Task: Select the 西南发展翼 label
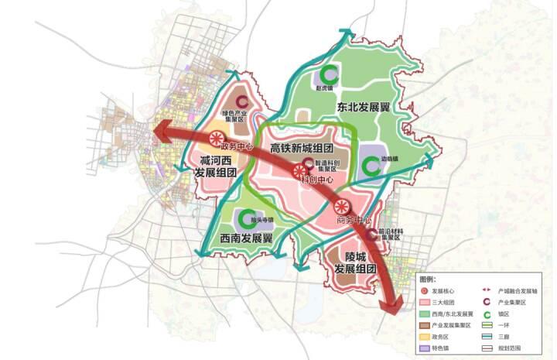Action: [247, 238]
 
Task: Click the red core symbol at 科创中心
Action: [299, 171]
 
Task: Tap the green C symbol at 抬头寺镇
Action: [249, 219]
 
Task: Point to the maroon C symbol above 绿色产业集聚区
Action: [242, 101]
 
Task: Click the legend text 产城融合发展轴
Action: [518, 289]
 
